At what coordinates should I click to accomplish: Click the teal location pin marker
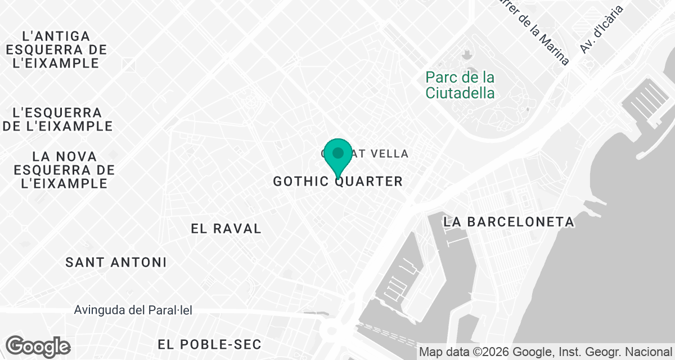click(338, 157)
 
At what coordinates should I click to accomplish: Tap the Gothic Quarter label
click(337, 181)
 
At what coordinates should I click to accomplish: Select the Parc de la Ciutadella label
click(460, 84)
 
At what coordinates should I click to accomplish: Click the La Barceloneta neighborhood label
click(508, 222)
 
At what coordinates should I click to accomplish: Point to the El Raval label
click(226, 228)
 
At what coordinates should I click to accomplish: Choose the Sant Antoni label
click(116, 262)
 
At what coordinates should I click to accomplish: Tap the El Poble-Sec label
click(210, 344)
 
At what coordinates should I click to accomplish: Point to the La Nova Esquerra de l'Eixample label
click(65, 169)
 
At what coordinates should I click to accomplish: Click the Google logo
click(38, 346)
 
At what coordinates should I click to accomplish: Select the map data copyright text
click(546, 352)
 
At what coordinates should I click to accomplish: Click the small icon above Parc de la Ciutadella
click(466, 55)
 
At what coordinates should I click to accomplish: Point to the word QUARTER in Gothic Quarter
click(374, 181)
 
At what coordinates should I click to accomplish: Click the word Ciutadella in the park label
click(460, 93)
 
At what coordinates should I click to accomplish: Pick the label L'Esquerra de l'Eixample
click(57, 119)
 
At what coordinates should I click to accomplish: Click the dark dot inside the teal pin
click(338, 152)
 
